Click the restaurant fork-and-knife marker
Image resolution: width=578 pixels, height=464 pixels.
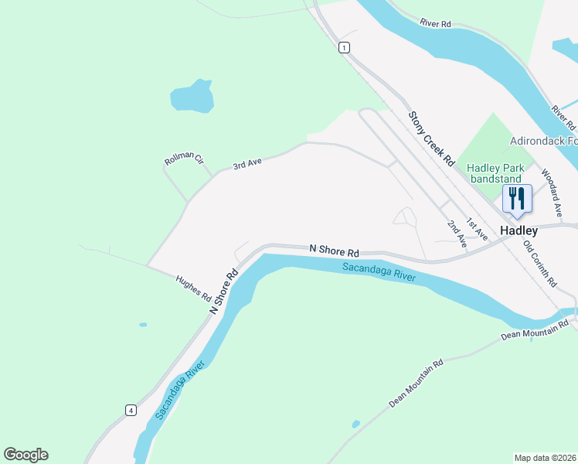pyautogui.click(x=516, y=198)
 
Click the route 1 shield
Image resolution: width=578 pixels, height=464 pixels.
pyautogui.click(x=343, y=48)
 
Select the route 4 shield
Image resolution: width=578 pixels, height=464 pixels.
pyautogui.click(x=131, y=409)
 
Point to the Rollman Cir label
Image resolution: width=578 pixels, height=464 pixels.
pyautogui.click(x=184, y=160)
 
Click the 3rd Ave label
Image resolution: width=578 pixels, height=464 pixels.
pyautogui.click(x=248, y=164)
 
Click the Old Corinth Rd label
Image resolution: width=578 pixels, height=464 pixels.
pyautogui.click(x=539, y=264)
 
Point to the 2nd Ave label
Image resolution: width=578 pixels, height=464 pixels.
pyautogui.click(x=457, y=234)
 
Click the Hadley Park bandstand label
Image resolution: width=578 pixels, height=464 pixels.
pyautogui.click(x=495, y=173)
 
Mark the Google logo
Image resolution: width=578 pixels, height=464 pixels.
pyautogui.click(x=25, y=455)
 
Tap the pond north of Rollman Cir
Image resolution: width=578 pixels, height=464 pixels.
pyautogui.click(x=192, y=97)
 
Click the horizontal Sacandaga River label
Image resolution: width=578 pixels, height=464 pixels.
pyautogui.click(x=379, y=272)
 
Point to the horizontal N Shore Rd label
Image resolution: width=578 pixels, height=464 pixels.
pyautogui.click(x=335, y=251)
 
